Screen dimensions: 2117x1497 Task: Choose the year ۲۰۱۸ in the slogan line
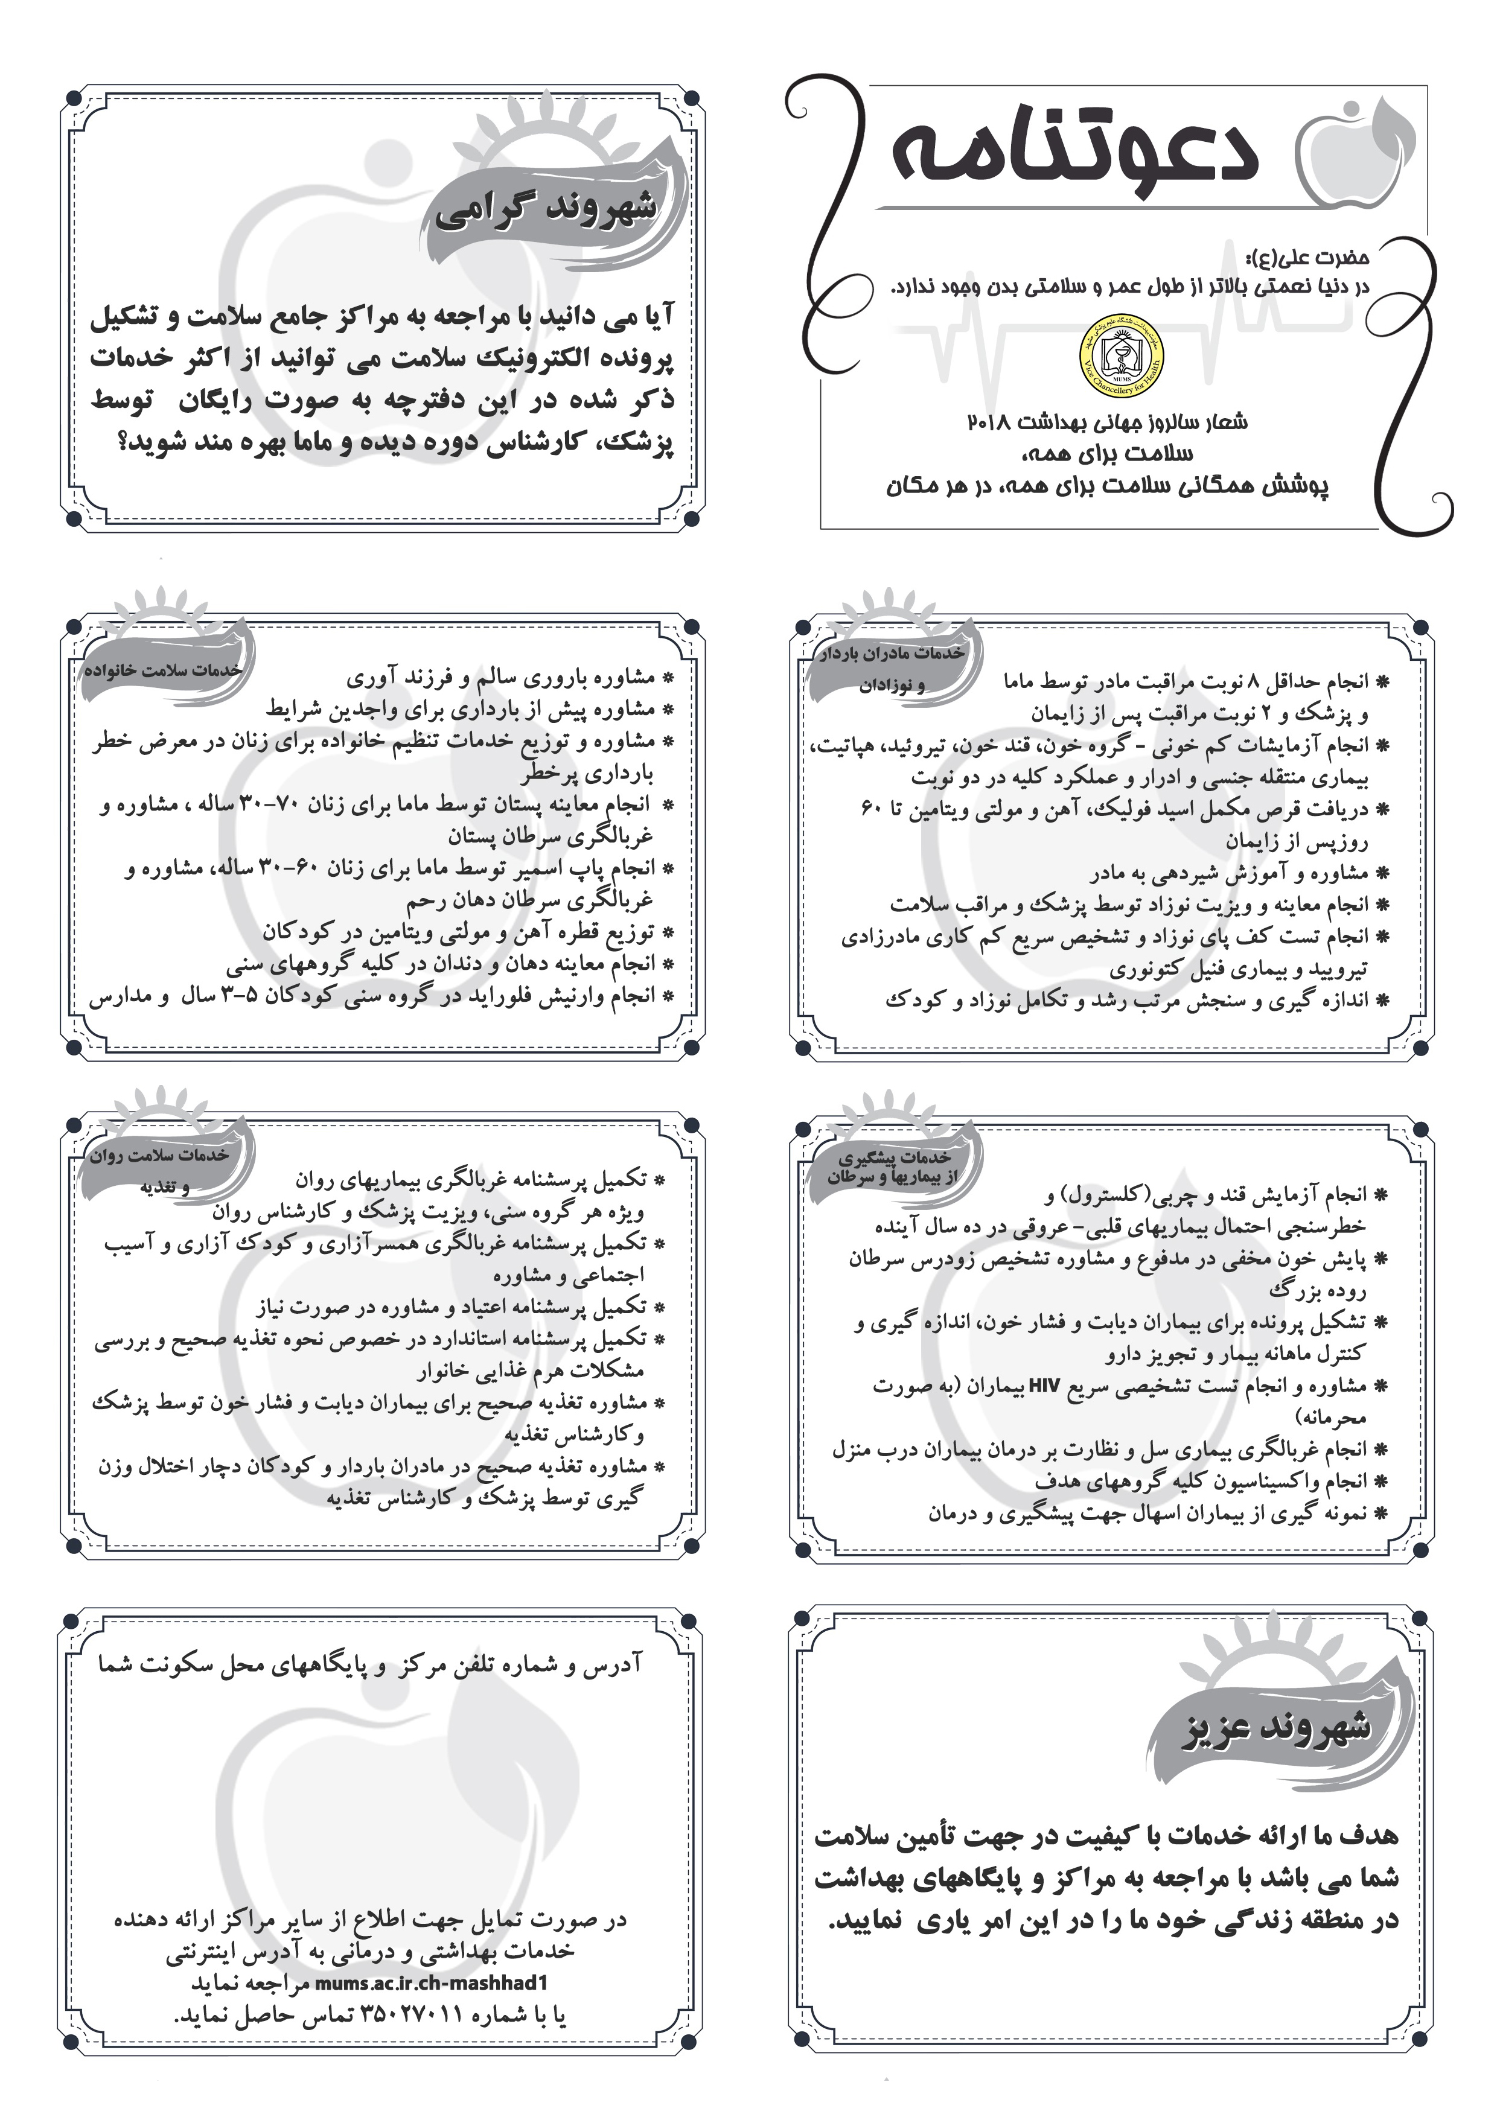[992, 422]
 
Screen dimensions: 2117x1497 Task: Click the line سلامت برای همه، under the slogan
[1107, 454]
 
